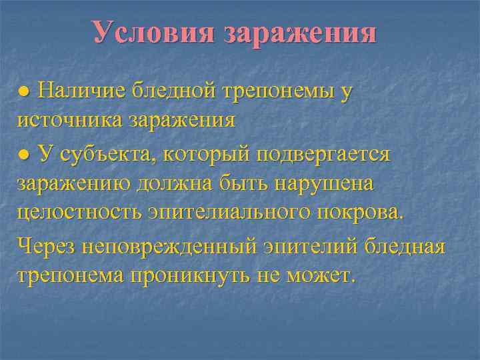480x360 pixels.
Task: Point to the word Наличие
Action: [81, 91]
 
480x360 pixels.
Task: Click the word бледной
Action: [174, 91]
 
